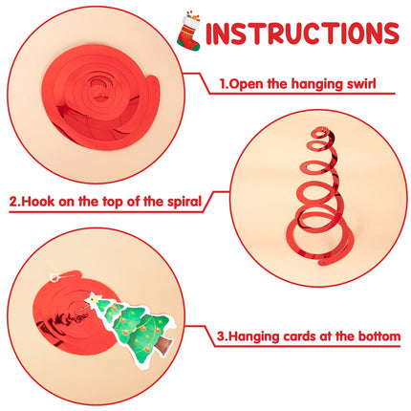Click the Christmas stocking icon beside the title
pos(189,32)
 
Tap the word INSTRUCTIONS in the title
pos(302,32)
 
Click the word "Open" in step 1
pos(247,84)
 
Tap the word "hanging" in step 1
pos(313,84)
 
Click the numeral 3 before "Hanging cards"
pos(221,336)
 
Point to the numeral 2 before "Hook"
pos(13,202)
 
